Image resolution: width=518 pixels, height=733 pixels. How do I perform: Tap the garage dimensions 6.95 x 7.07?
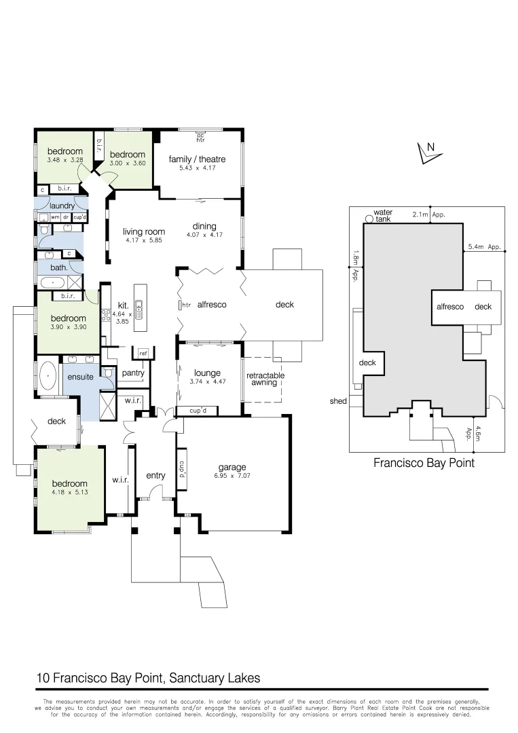[x=232, y=476]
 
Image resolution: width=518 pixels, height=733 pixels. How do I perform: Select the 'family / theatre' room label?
[x=197, y=159]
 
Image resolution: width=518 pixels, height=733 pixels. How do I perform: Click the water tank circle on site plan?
[x=369, y=219]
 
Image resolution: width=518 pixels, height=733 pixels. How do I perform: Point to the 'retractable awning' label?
[x=265, y=379]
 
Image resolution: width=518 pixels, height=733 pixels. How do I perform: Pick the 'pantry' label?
[x=132, y=373]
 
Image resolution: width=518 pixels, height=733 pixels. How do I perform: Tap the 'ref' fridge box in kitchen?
[x=143, y=354]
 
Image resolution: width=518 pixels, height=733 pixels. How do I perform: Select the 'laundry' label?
[x=62, y=206]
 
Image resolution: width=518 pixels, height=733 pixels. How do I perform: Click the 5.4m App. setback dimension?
[x=484, y=247]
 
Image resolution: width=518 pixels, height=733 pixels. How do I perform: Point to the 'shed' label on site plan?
[x=338, y=401]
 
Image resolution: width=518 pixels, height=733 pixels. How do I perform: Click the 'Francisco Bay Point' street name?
[x=424, y=464]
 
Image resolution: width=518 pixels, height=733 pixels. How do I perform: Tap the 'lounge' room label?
[x=207, y=373]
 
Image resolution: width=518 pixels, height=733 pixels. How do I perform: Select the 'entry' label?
[x=155, y=476]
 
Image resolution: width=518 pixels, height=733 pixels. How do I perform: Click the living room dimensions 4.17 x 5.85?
[x=143, y=240]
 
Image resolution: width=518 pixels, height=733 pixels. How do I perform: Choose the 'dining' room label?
[x=204, y=227]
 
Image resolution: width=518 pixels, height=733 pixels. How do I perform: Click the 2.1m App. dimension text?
[x=428, y=214]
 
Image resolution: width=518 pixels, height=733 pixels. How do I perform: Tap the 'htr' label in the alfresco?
[x=186, y=305]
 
